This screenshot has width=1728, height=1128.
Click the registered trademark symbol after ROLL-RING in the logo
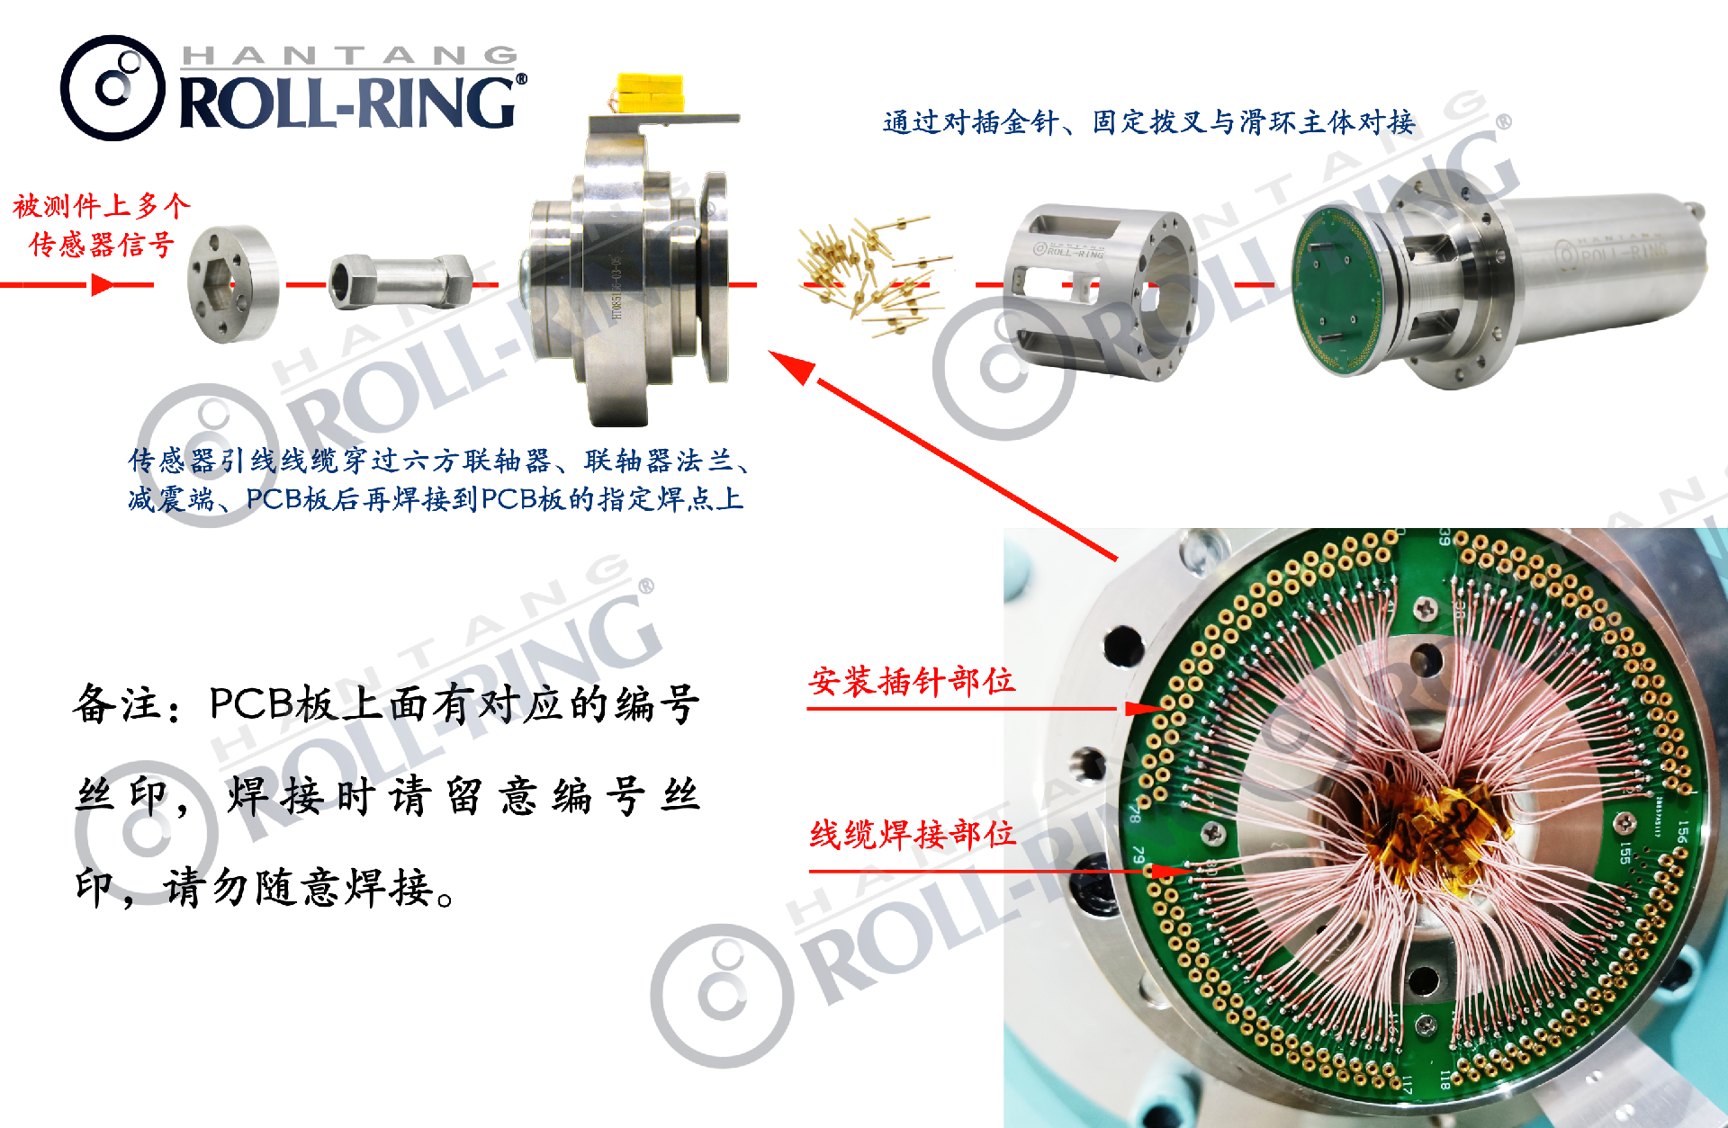tap(521, 79)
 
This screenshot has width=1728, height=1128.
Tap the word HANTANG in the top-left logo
tap(349, 56)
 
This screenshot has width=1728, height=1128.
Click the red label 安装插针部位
tap(912, 681)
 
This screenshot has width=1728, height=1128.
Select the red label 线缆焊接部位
tap(913, 835)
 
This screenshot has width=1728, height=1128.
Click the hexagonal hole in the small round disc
tap(219, 283)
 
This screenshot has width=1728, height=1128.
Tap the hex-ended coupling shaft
tap(401, 281)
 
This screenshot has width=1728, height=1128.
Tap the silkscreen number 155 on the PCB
tap(1625, 852)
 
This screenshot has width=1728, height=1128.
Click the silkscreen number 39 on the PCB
tap(1444, 537)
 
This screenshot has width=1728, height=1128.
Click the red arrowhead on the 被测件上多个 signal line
tap(103, 285)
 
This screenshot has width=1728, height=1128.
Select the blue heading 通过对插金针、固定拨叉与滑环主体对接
tap(1148, 121)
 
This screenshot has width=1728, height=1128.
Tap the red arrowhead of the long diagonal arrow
tap(791, 367)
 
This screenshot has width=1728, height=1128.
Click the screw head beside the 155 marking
tap(1625, 821)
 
